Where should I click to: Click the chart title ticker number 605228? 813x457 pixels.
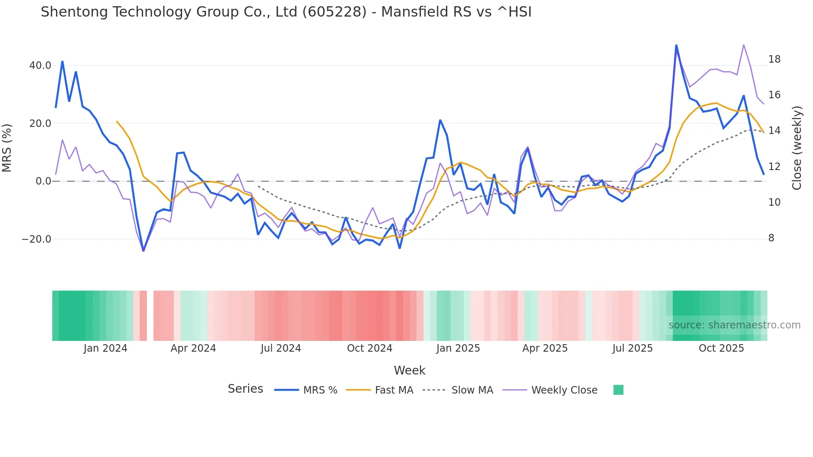[x=334, y=12]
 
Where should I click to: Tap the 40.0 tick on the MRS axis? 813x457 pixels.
[x=40, y=66]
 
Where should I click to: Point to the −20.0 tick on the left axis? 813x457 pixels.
[x=37, y=239]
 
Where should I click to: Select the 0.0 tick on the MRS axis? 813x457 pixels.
[x=44, y=181]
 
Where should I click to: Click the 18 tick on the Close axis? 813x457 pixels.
[x=774, y=59]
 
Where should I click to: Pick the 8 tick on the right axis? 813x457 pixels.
[x=771, y=238]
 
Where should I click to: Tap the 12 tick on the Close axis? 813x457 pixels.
[x=774, y=167]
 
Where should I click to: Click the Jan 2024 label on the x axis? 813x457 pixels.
[x=105, y=348]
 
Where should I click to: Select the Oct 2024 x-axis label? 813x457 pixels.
[x=370, y=348]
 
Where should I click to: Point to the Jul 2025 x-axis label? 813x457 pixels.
[x=633, y=348]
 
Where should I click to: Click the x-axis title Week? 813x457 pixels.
[x=409, y=370]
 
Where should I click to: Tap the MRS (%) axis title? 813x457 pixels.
[x=7, y=148]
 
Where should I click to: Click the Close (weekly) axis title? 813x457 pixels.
[x=797, y=148]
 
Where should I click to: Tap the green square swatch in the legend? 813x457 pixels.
[x=618, y=390]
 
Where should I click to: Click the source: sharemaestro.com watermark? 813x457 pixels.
[x=734, y=325]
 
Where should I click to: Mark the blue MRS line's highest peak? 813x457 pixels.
[x=676, y=45]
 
